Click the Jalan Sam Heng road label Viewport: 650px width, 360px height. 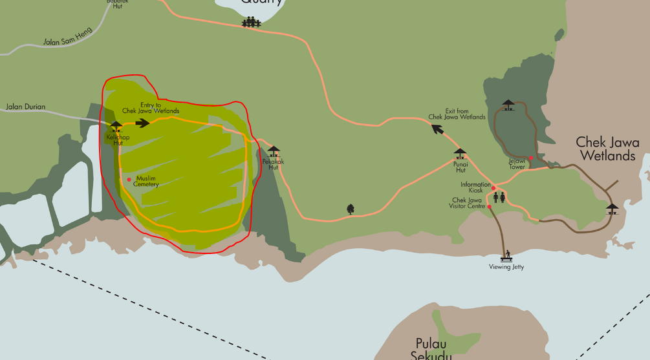click(68, 36)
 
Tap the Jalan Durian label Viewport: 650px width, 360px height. click(24, 107)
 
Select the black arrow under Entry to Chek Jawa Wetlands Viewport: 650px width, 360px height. click(143, 123)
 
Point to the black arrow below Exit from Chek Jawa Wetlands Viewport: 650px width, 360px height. click(438, 129)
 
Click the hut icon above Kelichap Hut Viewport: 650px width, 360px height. click(116, 126)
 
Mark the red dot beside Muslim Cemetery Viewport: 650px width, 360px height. click(129, 179)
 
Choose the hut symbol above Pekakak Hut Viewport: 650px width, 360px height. click(274, 152)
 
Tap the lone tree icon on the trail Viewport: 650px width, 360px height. click(351, 209)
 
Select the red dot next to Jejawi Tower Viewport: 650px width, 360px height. click(530, 158)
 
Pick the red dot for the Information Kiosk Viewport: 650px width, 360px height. click(494, 188)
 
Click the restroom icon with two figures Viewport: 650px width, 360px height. click(499, 197)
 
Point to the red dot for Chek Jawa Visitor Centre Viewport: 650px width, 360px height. click(490, 207)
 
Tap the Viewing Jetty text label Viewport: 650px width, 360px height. click(506, 267)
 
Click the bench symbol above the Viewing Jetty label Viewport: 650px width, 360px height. click(506, 253)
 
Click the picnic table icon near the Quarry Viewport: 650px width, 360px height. click(251, 23)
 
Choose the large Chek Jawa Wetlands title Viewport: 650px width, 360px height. click(607, 149)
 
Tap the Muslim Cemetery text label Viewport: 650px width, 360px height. click(146, 182)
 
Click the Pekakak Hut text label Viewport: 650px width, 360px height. click(273, 164)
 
